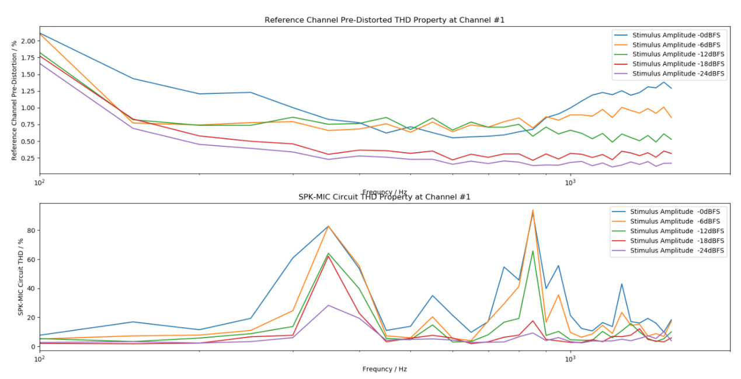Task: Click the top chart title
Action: (384, 20)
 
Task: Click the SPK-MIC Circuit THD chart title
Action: (384, 197)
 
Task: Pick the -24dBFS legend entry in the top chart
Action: (678, 73)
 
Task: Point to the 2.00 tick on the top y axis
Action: (27, 41)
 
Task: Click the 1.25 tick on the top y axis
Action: (27, 91)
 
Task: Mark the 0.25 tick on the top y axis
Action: (27, 158)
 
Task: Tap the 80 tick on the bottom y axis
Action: (31, 230)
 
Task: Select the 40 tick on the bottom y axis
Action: (31, 288)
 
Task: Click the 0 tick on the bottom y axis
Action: (33, 346)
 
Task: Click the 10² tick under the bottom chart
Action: (40, 359)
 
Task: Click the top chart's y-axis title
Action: (15, 100)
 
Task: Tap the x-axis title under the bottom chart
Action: (384, 369)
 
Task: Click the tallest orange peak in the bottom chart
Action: (533, 210)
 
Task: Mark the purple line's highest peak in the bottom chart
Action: (329, 305)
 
